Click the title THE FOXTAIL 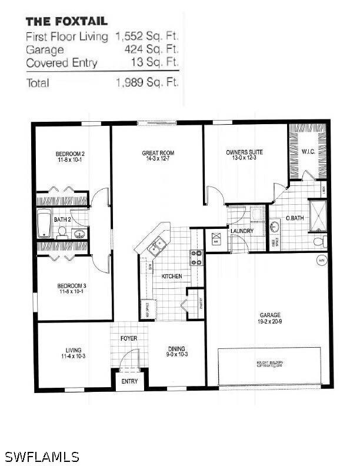[x=66, y=21]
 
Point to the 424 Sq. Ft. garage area [x=151, y=49]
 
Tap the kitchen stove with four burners [x=196, y=258]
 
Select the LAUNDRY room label [x=242, y=231]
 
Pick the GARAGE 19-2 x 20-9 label [x=270, y=318]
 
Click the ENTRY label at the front [x=129, y=381]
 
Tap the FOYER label [x=129, y=338]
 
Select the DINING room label [x=176, y=352]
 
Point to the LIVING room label [x=74, y=352]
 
